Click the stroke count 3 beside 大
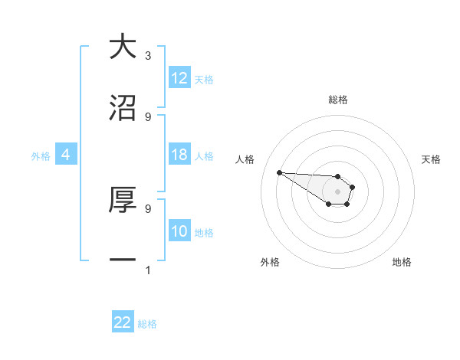tap(148, 56)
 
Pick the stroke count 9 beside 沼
tap(148, 117)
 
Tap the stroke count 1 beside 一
tap(148, 270)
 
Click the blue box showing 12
tap(179, 78)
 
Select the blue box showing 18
tap(179, 155)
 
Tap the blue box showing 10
tap(179, 231)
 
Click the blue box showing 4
tap(66, 155)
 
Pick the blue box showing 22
tap(123, 322)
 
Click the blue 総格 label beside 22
tap(147, 324)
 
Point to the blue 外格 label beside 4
tap(41, 156)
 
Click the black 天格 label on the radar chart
tap(431, 159)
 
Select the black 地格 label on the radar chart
tap(402, 262)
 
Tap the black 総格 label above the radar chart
tap(338, 100)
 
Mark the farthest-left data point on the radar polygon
tap(279, 172)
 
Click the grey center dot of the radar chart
tap(337, 191)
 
